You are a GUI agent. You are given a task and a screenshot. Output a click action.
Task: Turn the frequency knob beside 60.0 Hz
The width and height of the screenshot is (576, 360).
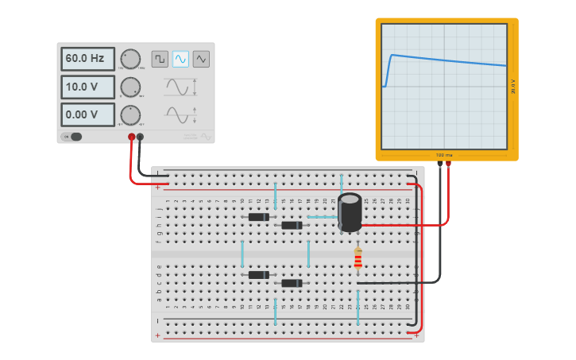click(130, 59)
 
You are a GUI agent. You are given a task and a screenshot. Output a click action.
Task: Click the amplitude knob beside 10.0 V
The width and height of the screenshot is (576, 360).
click(130, 87)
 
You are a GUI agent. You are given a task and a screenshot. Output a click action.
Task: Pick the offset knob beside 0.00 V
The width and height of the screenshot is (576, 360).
click(130, 114)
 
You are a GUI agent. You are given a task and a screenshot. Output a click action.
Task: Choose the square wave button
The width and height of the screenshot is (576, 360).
click(160, 59)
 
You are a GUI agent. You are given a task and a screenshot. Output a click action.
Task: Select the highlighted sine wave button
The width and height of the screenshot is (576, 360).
click(180, 59)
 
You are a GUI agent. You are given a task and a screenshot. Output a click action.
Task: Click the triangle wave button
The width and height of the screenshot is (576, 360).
click(201, 59)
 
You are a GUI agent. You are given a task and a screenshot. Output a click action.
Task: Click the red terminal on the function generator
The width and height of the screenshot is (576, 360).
click(132, 137)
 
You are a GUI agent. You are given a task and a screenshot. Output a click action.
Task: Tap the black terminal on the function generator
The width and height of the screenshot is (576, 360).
click(141, 137)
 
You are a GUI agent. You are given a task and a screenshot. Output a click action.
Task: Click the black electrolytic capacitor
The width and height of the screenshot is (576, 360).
click(350, 211)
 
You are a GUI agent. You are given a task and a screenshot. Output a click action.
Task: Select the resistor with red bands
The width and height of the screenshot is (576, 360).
click(358, 258)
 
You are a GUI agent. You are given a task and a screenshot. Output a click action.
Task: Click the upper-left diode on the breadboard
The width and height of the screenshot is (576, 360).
click(258, 217)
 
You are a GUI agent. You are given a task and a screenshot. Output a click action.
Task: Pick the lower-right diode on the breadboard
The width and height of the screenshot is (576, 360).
click(292, 283)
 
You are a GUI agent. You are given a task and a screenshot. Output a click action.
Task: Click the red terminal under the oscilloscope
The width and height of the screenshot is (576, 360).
click(448, 165)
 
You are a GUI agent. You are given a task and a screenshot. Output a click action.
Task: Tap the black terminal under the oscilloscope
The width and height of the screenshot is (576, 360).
click(439, 165)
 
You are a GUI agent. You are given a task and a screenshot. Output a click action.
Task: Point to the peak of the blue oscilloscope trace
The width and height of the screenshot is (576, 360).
click(392, 55)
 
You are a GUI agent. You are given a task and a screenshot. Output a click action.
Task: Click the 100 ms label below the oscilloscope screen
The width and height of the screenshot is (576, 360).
click(444, 155)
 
